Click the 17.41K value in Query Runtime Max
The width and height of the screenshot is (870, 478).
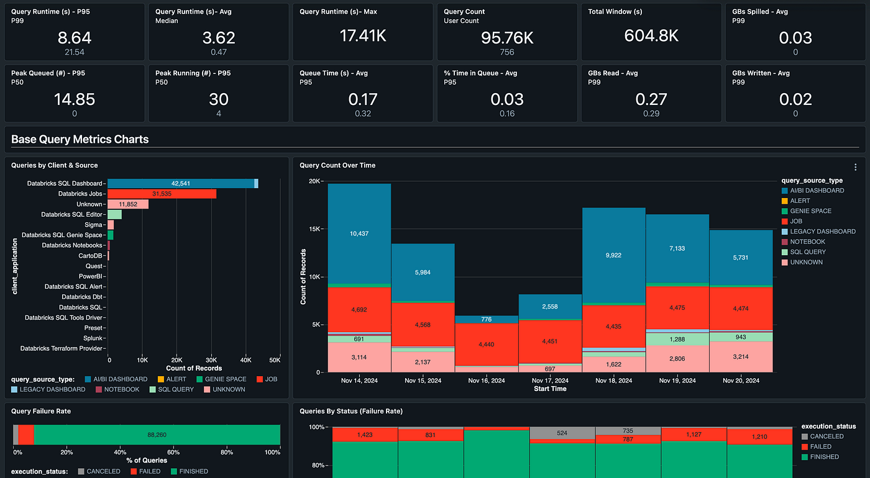click(363, 36)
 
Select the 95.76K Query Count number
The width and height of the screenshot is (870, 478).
click(507, 38)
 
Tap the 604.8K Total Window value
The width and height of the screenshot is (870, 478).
click(651, 36)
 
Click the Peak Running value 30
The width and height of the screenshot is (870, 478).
click(219, 99)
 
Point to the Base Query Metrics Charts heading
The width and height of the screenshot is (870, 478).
click(80, 139)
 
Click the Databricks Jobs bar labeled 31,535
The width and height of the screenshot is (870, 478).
click(162, 194)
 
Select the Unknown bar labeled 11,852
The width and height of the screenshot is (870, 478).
click(128, 204)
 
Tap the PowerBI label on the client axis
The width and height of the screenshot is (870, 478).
click(91, 276)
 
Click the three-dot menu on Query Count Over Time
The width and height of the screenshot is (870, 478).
click(855, 167)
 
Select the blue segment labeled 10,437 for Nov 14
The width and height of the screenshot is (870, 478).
click(360, 233)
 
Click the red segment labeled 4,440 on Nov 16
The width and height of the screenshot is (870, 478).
click(487, 345)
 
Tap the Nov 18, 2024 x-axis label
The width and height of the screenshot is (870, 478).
click(613, 381)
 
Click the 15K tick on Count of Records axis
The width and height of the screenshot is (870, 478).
click(314, 229)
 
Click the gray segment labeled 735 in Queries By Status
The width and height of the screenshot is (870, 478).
click(628, 431)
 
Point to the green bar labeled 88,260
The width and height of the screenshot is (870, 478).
click(157, 435)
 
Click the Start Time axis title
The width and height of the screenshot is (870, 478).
click(550, 389)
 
